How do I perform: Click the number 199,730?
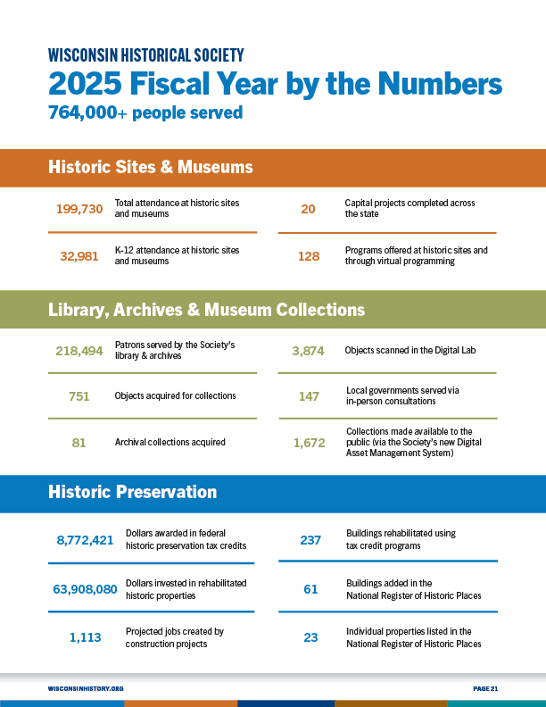79,209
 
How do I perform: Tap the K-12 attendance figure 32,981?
79,256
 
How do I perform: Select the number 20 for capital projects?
309,209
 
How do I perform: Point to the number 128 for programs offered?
309,256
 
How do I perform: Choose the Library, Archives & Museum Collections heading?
206,310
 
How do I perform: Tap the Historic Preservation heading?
132,492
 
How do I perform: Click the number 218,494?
79,351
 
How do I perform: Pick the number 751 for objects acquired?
79,396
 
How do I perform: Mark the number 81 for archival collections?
79,442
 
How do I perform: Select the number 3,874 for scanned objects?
309,351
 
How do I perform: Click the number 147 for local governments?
309,396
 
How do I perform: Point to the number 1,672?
309,442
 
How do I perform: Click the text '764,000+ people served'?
145,113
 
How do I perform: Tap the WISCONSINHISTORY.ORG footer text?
86,688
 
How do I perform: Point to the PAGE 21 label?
484,688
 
